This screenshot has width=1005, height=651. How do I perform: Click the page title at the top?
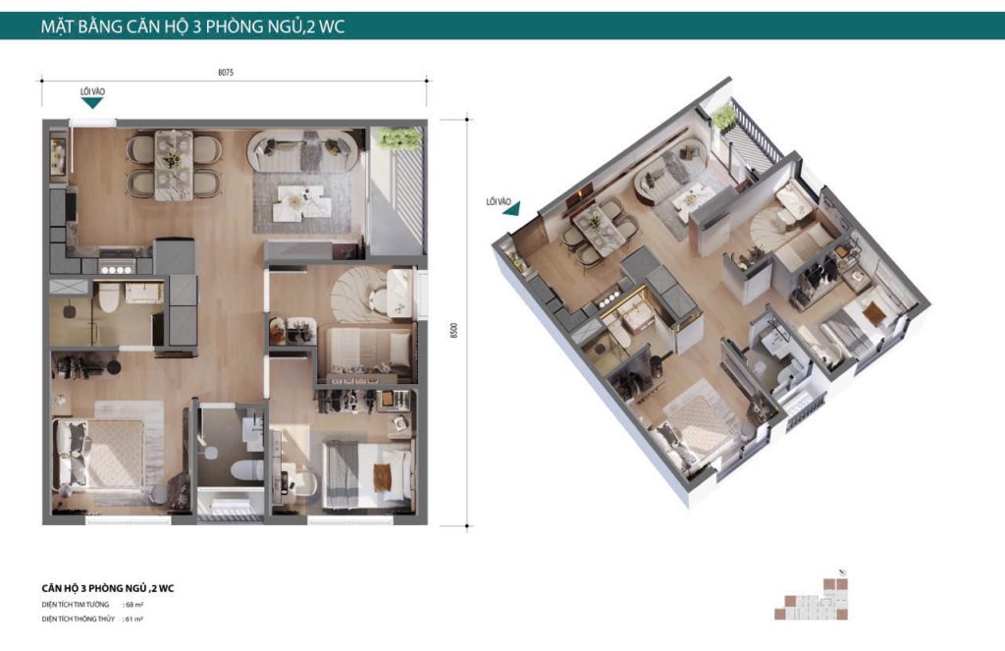point(192,27)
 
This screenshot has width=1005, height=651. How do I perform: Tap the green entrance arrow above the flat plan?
point(92,102)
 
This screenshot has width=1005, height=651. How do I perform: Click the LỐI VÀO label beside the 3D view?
point(500,201)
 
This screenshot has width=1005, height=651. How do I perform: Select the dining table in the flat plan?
point(174,163)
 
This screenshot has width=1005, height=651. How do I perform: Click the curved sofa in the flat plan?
point(300,149)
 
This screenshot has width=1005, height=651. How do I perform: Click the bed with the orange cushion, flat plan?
point(366,470)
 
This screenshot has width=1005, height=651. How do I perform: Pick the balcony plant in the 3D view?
point(724,118)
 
